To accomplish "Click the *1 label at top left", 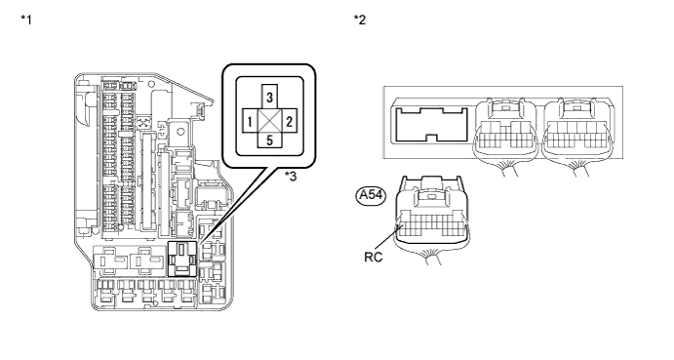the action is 26,20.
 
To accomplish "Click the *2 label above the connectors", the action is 360,20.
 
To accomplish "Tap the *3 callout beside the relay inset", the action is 291,177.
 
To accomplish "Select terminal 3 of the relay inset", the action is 269,97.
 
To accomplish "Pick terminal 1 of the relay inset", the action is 250,122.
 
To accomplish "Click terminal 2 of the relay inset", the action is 289,122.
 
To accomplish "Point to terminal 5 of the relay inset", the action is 269,140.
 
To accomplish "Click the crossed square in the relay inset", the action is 269,121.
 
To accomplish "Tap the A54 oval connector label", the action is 371,195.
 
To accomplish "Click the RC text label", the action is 374,257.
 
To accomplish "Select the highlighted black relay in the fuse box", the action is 182,259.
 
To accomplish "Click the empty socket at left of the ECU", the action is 431,125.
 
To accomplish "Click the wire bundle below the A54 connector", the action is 432,257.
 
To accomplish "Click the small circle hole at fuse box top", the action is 151,84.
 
